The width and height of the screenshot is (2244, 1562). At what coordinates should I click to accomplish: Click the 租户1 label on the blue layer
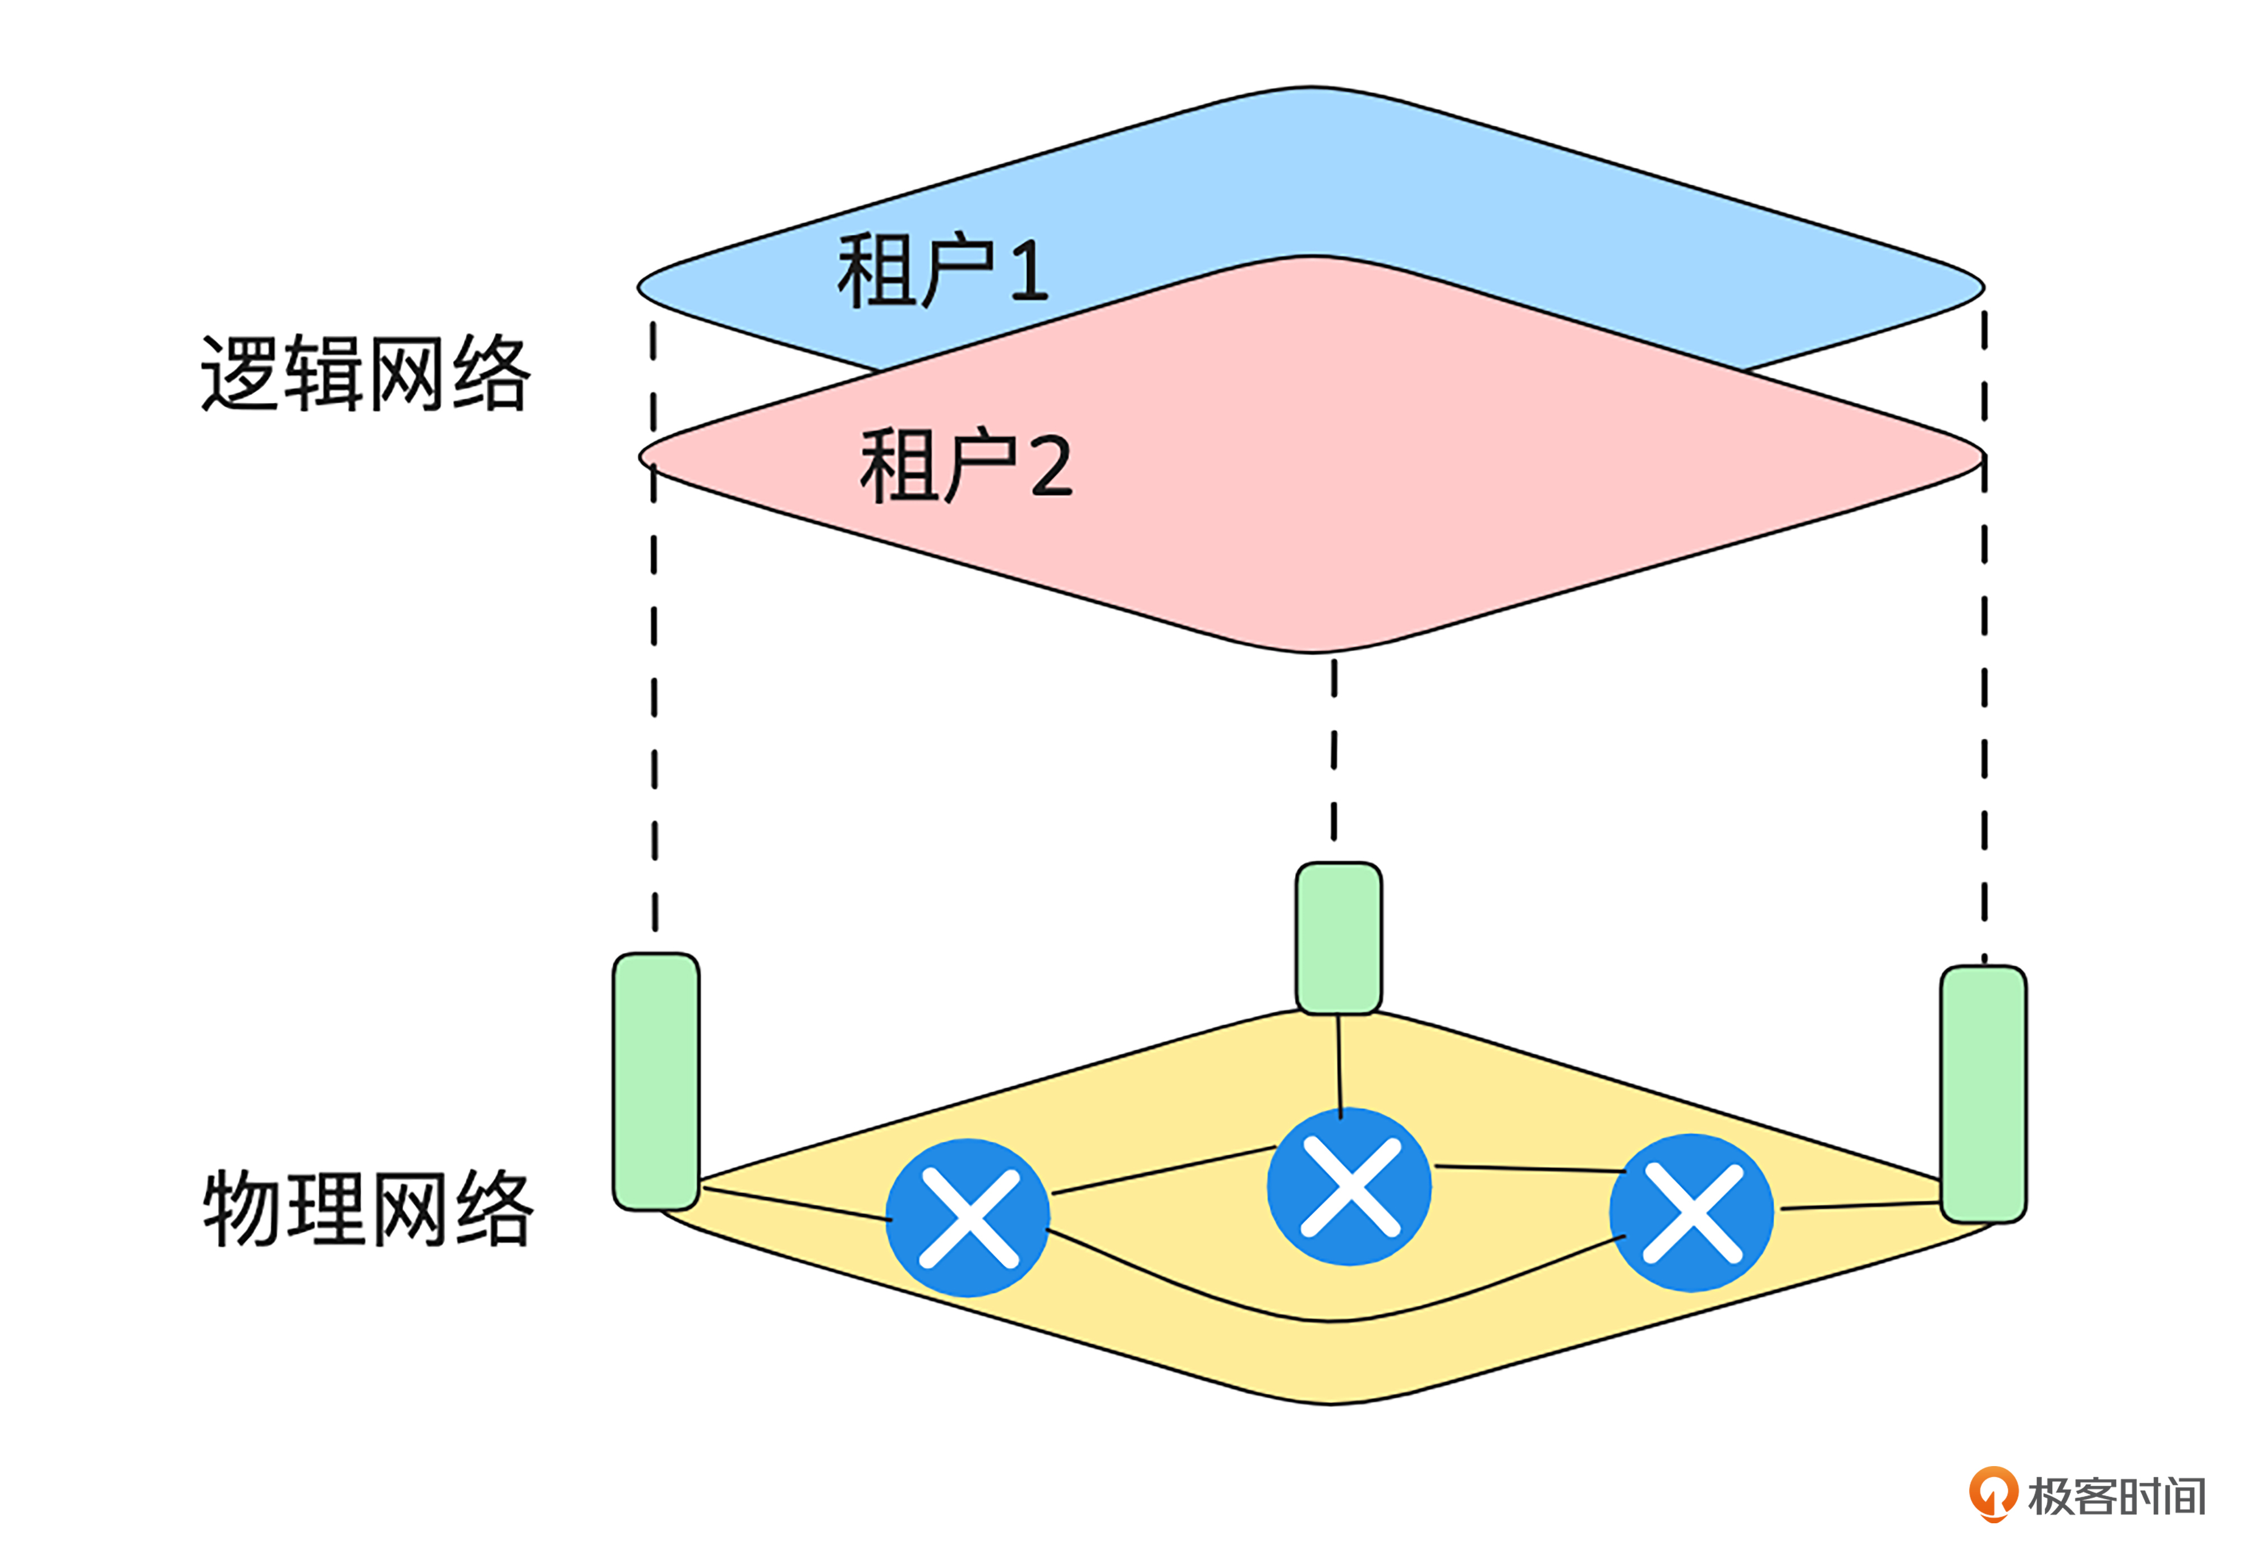[x=941, y=271]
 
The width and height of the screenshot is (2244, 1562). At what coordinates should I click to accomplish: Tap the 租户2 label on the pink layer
[x=965, y=466]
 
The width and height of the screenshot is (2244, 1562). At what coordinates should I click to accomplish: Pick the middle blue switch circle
[x=1349, y=1187]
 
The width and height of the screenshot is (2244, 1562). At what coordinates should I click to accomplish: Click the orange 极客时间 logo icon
[x=1993, y=1492]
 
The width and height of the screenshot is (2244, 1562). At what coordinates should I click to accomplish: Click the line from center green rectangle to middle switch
[x=1339, y=1065]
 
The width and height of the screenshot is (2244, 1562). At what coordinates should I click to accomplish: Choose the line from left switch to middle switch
[x=1163, y=1170]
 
